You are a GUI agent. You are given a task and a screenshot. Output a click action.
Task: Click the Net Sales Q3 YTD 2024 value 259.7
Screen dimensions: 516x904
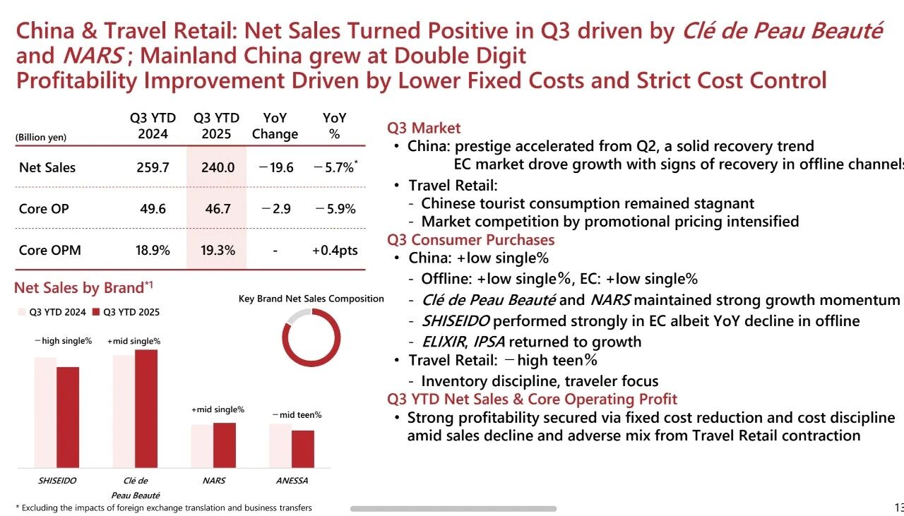[x=153, y=168]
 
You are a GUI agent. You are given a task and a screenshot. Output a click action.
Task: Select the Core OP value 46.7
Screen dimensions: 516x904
[x=217, y=209]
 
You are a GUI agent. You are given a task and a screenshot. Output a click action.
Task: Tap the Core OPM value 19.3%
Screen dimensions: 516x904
[x=217, y=250]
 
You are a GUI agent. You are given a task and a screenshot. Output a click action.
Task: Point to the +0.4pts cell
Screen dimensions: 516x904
[x=334, y=250]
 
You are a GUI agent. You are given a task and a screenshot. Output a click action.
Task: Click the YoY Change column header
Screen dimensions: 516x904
[x=275, y=126]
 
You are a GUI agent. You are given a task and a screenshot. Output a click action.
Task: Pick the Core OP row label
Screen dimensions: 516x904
[x=44, y=209]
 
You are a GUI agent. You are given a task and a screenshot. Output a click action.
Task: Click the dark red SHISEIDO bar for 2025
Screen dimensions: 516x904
[x=68, y=416]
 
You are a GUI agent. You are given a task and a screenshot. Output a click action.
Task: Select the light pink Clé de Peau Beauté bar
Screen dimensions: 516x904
[x=123, y=411]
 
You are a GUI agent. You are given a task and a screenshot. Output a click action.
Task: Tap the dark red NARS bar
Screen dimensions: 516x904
[x=225, y=445]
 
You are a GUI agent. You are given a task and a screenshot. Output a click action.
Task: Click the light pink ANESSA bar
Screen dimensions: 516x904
[x=280, y=445]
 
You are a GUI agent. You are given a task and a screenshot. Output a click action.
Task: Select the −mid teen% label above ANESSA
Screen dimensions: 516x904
[x=297, y=415]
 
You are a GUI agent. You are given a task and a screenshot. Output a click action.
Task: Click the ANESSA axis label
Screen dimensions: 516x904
[x=292, y=481]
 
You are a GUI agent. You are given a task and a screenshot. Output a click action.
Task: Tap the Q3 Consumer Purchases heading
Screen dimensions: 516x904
[x=470, y=240]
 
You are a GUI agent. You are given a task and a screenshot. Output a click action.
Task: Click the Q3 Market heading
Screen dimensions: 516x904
[x=424, y=128]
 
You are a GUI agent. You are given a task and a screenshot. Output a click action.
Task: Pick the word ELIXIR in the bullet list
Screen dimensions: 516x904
[x=444, y=342]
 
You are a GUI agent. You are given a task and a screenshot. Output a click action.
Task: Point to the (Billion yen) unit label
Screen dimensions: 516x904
[x=41, y=138]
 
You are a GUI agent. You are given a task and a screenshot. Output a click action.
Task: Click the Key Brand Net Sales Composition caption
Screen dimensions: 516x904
[x=311, y=299]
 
